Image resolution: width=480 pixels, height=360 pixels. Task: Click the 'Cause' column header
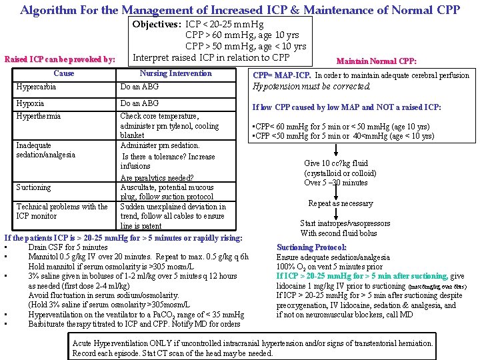[63, 73]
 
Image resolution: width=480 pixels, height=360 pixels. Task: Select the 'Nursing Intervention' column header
[175, 73]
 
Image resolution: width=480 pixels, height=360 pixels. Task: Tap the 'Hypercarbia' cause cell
[36, 87]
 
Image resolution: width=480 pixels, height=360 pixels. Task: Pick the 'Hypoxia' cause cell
[30, 103]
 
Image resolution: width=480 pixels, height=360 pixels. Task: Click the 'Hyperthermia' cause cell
[39, 116]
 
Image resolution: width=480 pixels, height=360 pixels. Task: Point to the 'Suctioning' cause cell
[33, 187]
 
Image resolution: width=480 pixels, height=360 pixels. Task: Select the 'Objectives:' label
[157, 24]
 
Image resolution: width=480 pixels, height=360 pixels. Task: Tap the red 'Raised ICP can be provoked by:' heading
[60, 59]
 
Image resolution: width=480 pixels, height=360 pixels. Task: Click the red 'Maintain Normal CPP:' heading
[377, 61]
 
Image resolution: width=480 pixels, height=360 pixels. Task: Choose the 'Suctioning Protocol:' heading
[311, 247]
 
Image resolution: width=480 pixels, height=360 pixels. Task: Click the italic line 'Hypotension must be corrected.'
[311, 87]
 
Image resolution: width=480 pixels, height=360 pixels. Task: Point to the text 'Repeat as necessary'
[340, 203]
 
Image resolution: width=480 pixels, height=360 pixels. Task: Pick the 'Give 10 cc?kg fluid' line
[336, 163]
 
